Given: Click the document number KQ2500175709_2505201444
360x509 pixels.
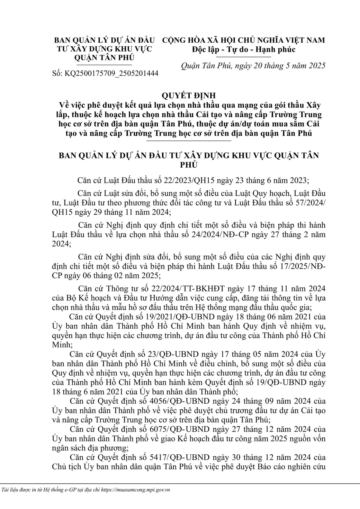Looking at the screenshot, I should [111, 74].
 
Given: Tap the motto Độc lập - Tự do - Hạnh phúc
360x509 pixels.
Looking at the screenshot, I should [244, 49].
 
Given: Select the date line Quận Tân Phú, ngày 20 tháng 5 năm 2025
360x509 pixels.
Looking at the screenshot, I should [253, 66].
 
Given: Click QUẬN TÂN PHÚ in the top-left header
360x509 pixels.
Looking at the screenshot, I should [104, 58].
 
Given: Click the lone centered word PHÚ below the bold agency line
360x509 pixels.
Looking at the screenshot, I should [189, 165].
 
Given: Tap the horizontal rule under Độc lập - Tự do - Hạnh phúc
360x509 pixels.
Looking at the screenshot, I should [244, 56].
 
